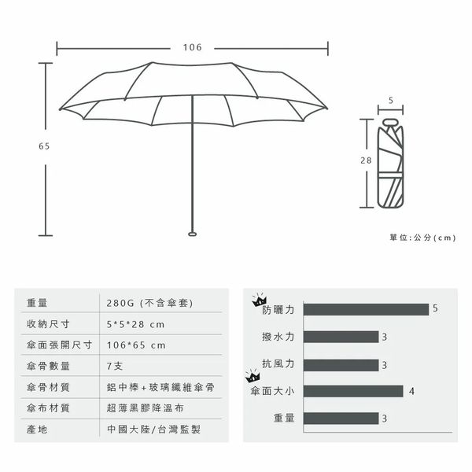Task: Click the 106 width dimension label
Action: click(x=193, y=47)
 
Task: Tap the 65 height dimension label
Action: click(x=44, y=146)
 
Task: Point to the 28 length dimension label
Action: click(x=366, y=160)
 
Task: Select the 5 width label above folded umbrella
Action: click(x=391, y=100)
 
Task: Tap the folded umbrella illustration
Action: click(x=390, y=163)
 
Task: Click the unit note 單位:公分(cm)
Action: click(x=423, y=238)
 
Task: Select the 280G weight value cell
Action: click(x=149, y=303)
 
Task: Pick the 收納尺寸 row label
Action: click(x=48, y=324)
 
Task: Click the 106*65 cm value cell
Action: click(x=136, y=345)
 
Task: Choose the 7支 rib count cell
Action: click(x=115, y=366)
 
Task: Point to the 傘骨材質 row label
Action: click(x=48, y=387)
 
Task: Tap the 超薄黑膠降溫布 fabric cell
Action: click(x=145, y=408)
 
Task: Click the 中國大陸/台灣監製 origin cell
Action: click(x=153, y=430)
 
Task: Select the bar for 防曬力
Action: click(x=366, y=309)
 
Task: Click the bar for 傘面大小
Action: click(x=353, y=391)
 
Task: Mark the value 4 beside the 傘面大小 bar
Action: click(x=411, y=391)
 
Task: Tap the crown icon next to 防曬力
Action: click(x=260, y=300)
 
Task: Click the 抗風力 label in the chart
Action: click(x=278, y=363)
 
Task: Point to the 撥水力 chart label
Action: click(x=278, y=337)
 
